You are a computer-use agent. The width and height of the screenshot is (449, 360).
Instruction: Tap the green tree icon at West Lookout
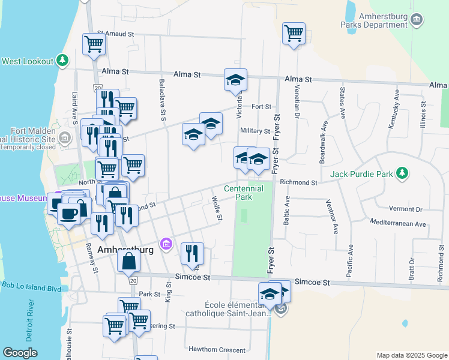[62, 61]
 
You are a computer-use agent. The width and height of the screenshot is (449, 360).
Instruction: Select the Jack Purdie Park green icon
[403, 174]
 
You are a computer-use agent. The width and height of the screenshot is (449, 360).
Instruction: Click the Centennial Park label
[244, 192]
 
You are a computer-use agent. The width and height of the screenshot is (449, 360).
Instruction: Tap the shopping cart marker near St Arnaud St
[94, 44]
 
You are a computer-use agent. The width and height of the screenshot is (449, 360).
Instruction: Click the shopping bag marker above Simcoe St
[129, 261]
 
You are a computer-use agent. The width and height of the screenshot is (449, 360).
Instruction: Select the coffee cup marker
[69, 213]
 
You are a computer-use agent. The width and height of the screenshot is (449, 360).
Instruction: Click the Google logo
[20, 352]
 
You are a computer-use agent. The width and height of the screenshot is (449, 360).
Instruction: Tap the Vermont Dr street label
[406, 209]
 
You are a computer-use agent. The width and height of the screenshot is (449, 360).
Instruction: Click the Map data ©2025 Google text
[411, 355]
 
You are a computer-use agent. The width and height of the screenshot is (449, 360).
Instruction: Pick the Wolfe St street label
[217, 207]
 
